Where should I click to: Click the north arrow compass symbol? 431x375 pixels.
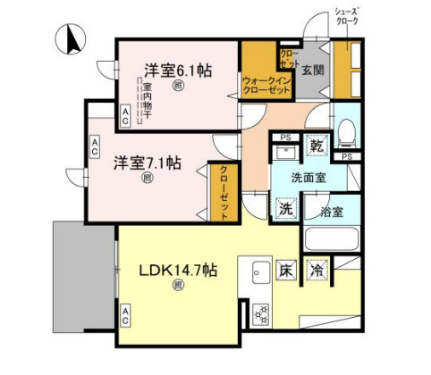69,39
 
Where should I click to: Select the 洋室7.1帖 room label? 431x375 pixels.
147,163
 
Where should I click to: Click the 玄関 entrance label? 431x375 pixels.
311,69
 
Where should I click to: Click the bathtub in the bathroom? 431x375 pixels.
331,238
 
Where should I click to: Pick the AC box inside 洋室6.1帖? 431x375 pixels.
125,112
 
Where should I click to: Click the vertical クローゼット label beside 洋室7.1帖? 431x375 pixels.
223,190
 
